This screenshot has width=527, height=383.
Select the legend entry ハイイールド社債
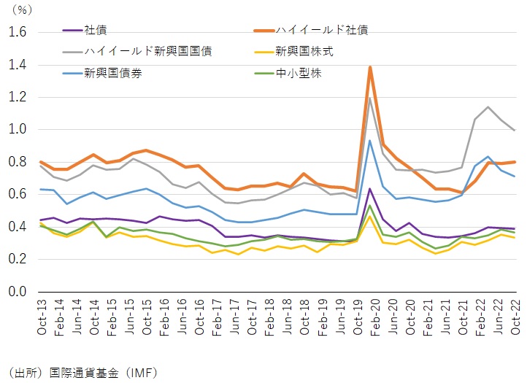(321, 31)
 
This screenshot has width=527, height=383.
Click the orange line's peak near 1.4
(371, 67)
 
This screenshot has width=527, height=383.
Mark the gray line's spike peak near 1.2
(371, 98)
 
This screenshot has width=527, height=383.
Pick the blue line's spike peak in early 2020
(371, 141)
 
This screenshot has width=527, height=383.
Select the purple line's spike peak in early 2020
(371, 189)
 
